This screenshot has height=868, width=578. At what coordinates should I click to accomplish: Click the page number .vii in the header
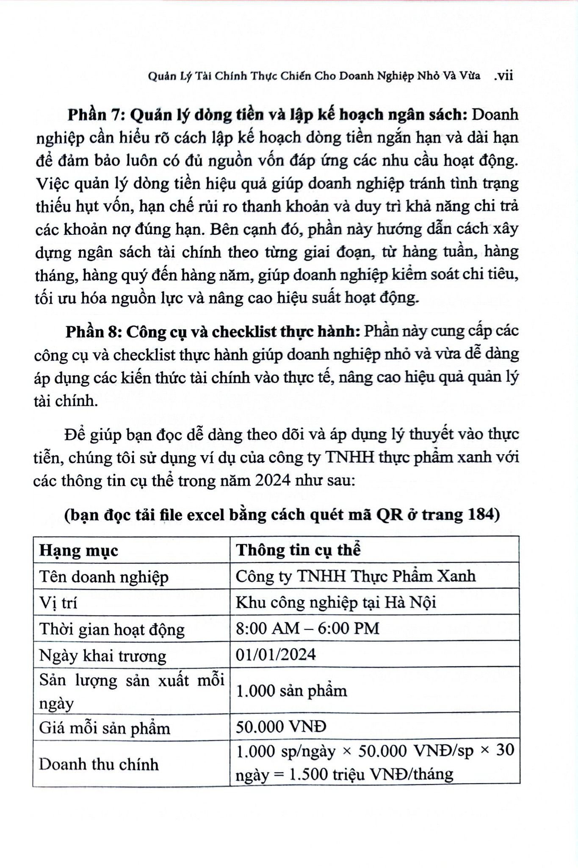coord(503,76)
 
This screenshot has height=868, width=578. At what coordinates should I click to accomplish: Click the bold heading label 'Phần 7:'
coord(96,115)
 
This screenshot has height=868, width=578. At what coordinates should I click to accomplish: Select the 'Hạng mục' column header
coord(79,551)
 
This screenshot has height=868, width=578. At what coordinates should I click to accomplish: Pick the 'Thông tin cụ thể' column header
coord(298,550)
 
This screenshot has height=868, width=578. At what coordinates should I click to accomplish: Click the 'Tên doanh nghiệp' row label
coord(104,577)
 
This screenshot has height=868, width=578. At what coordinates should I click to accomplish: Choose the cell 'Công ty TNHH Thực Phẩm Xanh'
coord(355,576)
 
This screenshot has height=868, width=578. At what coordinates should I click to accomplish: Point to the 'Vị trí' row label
coord(58,603)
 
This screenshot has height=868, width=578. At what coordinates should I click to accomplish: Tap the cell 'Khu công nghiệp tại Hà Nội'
coord(335,603)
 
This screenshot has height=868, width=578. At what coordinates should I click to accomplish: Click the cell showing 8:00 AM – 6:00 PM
coord(307,629)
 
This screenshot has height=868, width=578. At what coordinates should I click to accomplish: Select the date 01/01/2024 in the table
coord(276,655)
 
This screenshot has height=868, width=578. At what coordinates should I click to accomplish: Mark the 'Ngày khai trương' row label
coord(102,656)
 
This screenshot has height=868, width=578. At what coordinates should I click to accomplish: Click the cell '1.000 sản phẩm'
coord(291,691)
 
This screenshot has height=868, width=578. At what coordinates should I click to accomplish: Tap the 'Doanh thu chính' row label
coord(99,765)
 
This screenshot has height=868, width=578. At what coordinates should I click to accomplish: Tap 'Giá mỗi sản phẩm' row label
coord(105,728)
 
